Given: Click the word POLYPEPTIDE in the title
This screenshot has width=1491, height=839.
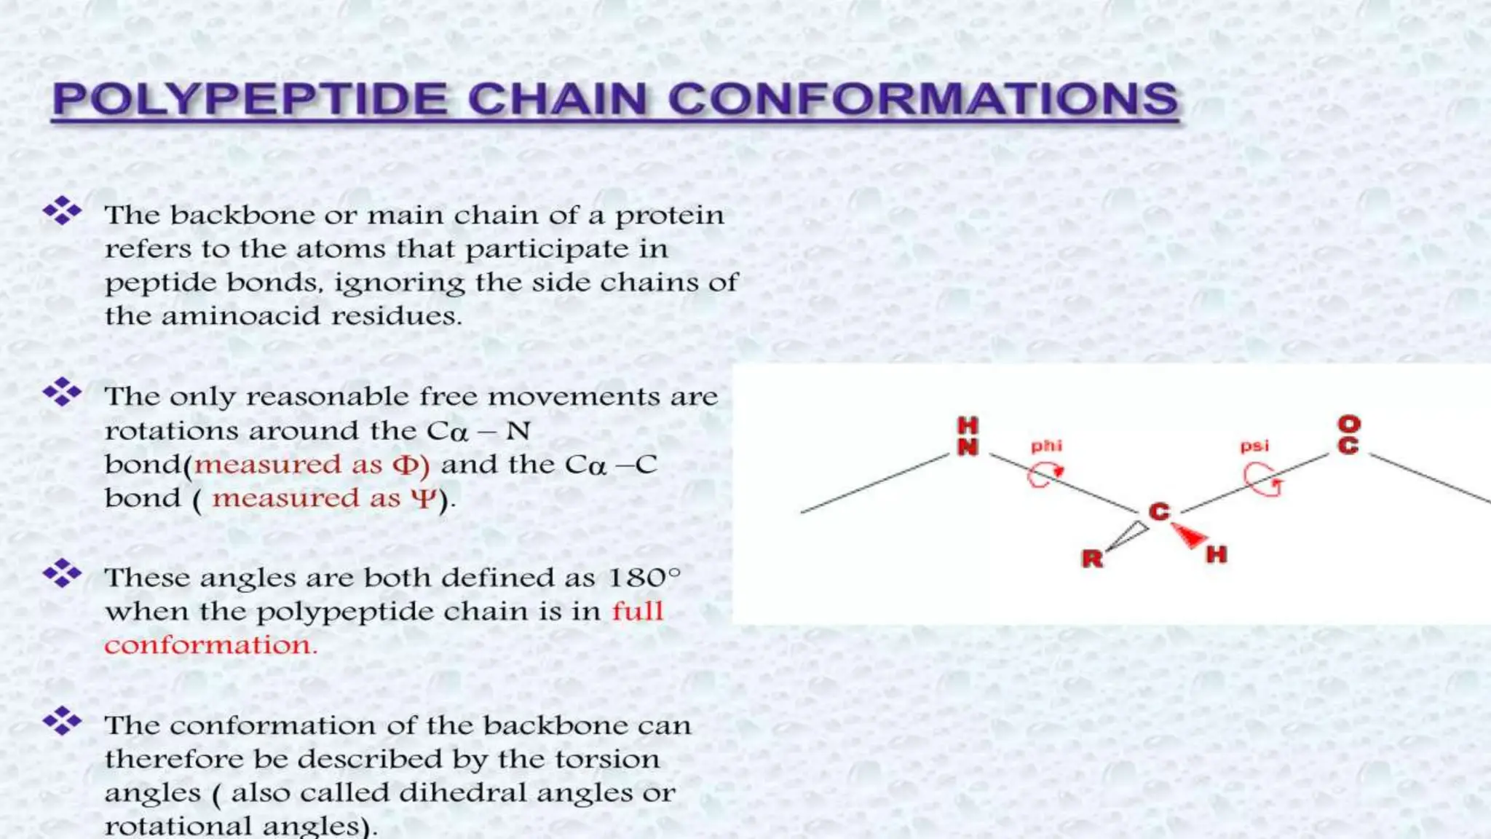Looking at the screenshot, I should [250, 99].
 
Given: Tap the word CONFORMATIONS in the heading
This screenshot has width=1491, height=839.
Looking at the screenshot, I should [922, 99].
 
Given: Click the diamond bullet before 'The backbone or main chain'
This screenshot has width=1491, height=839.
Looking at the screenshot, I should [62, 211].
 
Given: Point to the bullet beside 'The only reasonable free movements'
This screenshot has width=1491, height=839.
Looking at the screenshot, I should [62, 393].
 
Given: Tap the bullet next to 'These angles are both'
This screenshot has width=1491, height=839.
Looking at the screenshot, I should [62, 574].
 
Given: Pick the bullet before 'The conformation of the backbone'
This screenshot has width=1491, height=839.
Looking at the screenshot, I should [62, 721].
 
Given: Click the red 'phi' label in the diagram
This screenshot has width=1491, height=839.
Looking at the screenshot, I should [1046, 446].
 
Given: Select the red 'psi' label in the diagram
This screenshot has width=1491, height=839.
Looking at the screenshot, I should [1254, 446].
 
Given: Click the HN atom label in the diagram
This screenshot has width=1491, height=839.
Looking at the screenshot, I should [968, 436].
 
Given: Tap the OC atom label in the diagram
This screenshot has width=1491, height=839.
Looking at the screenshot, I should [1348, 435].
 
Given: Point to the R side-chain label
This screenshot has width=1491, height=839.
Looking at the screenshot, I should [1092, 559].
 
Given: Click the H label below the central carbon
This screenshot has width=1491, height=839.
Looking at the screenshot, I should [1216, 555].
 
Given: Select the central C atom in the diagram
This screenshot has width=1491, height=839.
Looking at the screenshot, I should [1159, 511].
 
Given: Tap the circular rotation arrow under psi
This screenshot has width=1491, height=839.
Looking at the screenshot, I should [1262, 481].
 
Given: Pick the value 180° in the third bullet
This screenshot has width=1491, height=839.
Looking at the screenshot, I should [644, 578].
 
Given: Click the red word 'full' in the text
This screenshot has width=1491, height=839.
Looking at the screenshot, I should [637, 611].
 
